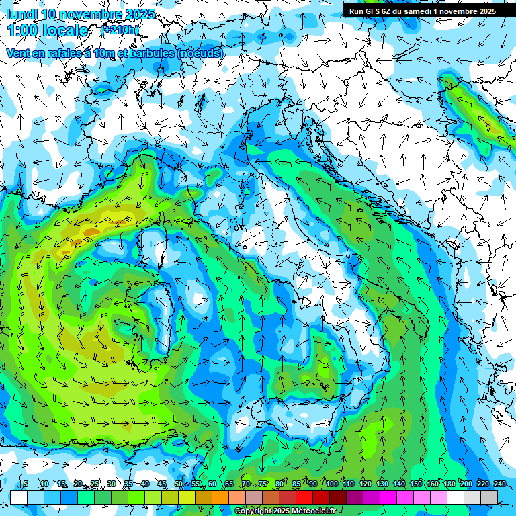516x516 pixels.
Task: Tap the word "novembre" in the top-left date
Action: pos(91,13)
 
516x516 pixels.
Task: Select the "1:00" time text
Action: pos(23,30)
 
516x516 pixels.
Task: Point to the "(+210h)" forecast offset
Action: pos(120,30)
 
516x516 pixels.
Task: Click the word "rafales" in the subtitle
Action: pos(61,53)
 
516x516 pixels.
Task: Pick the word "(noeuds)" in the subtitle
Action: pos(200,53)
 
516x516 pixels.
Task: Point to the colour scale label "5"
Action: pos(26,484)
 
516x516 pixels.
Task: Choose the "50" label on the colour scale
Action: pos(179,484)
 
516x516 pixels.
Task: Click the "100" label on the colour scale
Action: pos(332,484)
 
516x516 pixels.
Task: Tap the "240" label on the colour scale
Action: pos(500,484)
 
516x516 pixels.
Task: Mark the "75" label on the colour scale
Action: pos(263,484)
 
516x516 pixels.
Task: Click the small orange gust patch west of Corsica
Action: pos(89,232)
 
